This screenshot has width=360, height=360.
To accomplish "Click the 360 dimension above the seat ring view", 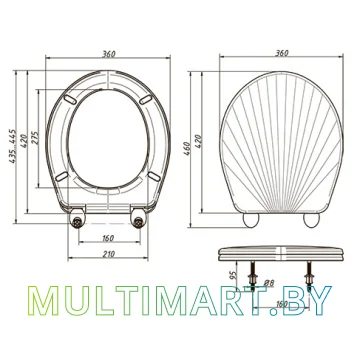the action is [109, 54].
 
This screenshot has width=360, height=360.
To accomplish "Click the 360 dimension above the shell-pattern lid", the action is [282, 53].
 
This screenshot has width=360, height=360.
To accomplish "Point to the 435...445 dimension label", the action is [13, 146].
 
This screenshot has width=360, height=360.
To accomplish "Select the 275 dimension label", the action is [36, 138].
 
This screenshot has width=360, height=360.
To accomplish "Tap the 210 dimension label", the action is [108, 254].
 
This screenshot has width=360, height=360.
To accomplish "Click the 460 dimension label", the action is [187, 149].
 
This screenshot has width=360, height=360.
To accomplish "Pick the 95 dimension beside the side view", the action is [234, 274].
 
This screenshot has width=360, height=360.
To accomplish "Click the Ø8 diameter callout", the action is [269, 283].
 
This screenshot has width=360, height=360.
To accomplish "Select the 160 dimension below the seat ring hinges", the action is [108, 238].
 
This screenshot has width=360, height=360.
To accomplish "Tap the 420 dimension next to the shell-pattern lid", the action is [198, 141].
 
